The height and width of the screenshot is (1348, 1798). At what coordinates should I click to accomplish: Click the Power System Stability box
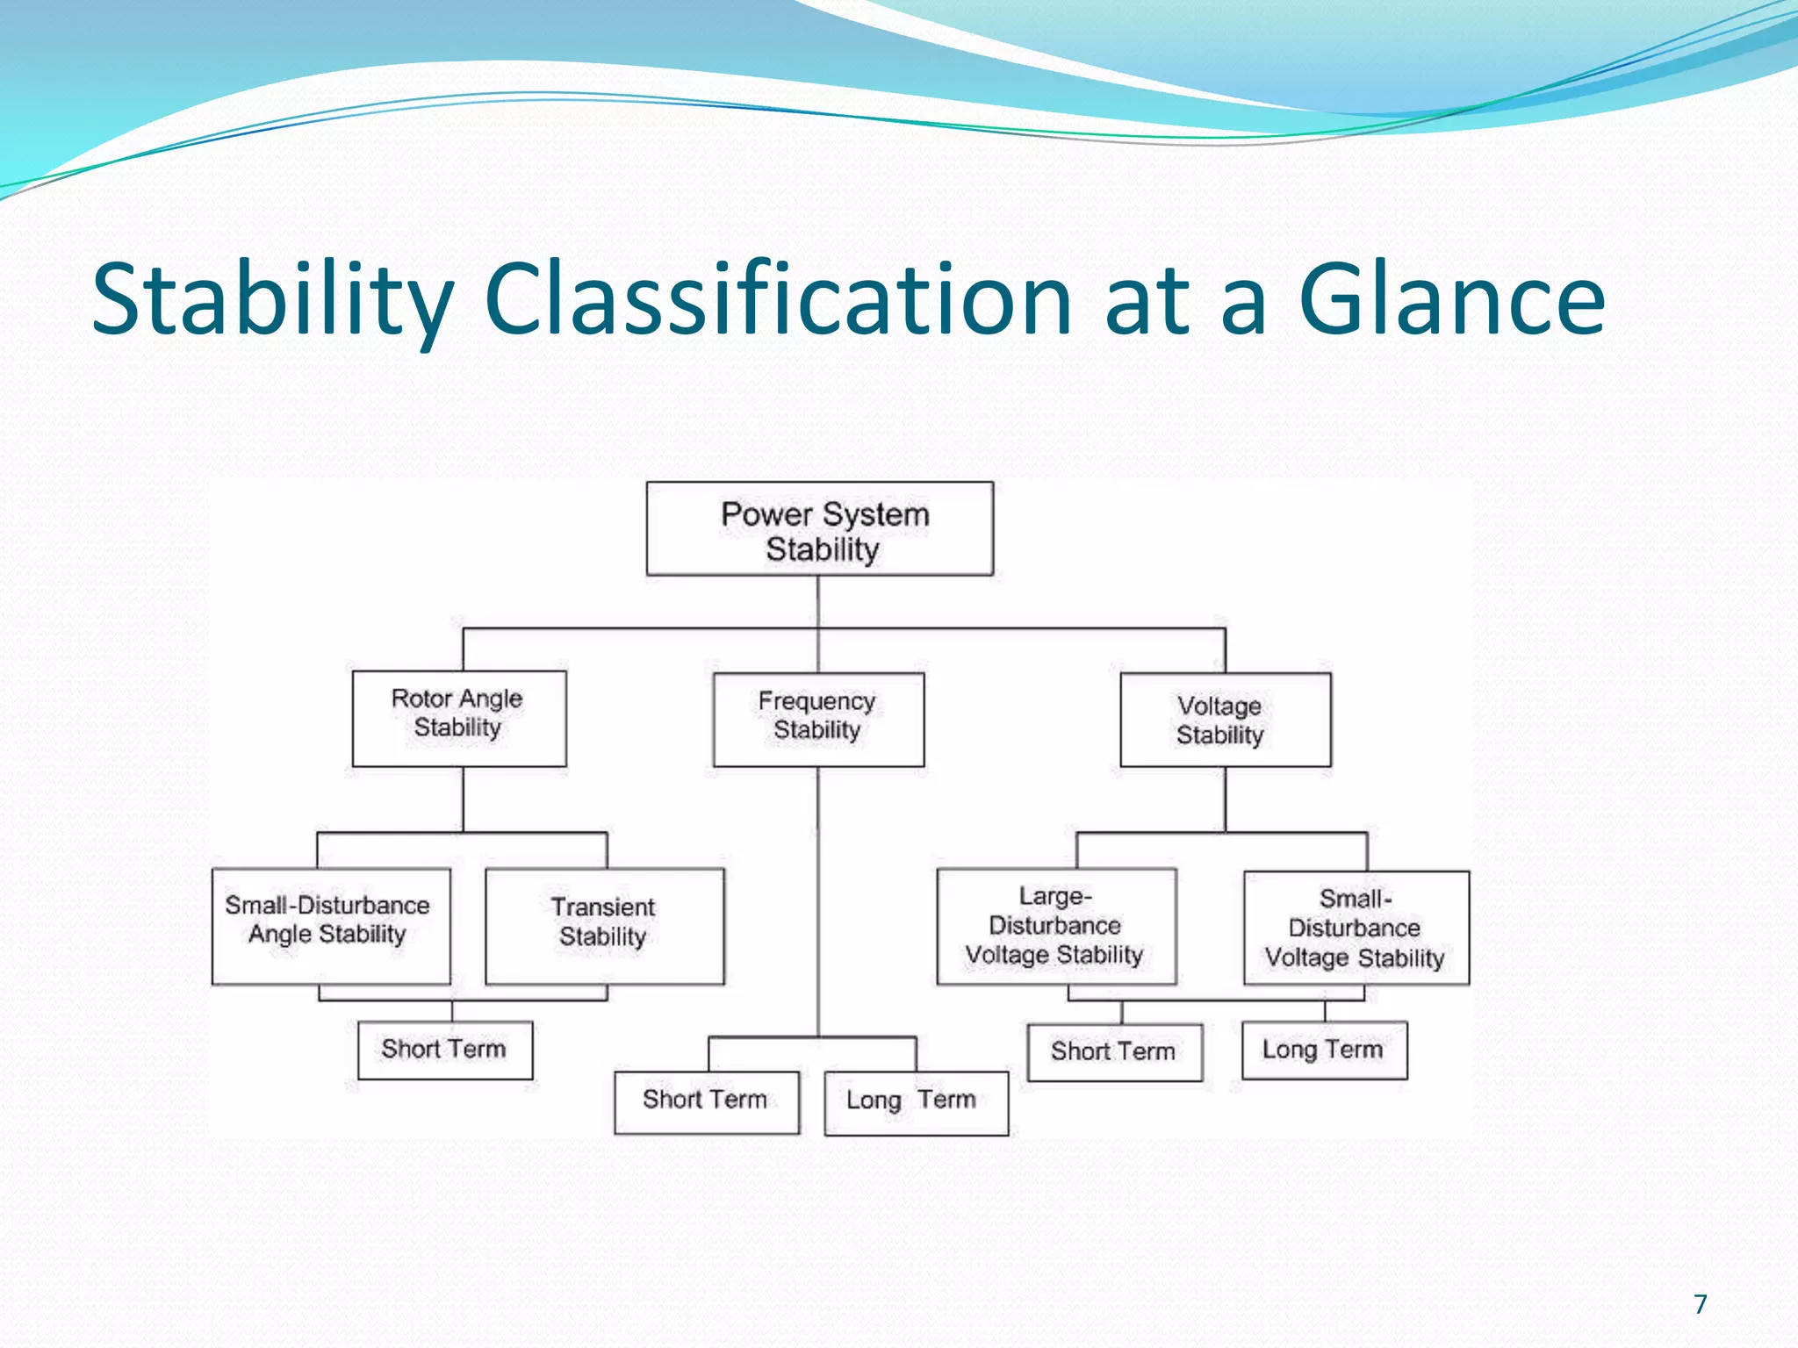tap(820, 529)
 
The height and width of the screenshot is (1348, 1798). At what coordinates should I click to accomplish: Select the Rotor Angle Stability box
tap(459, 718)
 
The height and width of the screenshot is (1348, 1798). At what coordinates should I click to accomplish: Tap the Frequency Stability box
tap(818, 720)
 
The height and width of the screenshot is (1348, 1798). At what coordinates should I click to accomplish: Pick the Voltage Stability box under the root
tap(1225, 720)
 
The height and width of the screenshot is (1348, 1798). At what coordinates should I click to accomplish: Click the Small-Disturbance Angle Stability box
tap(331, 926)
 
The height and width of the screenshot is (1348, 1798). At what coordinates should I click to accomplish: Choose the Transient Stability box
tap(604, 926)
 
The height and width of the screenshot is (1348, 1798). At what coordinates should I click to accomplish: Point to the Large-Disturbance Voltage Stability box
tap(1056, 926)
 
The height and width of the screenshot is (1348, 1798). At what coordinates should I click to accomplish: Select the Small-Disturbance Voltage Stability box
tap(1356, 928)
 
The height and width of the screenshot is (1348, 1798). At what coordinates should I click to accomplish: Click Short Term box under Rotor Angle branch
tap(445, 1050)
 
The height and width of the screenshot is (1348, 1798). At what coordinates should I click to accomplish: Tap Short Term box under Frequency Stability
tap(706, 1101)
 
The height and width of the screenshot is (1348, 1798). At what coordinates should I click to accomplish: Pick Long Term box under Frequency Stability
tap(916, 1102)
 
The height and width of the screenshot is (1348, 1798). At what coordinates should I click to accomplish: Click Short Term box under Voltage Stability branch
tap(1114, 1051)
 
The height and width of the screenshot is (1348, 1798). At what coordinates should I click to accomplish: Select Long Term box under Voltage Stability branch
tap(1324, 1050)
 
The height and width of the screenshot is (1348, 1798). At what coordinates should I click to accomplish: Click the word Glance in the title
tap(1451, 300)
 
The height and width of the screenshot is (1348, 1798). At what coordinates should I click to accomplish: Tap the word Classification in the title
tap(777, 300)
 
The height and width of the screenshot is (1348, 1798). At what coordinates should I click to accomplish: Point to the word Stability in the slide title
tap(273, 300)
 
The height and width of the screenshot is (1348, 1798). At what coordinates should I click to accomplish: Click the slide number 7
tap(1701, 1304)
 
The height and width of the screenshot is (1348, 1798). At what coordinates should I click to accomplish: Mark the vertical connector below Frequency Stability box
tap(818, 904)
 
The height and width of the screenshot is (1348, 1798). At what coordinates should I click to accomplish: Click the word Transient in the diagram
tap(603, 907)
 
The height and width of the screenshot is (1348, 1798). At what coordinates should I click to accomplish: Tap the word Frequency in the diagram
tap(816, 701)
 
